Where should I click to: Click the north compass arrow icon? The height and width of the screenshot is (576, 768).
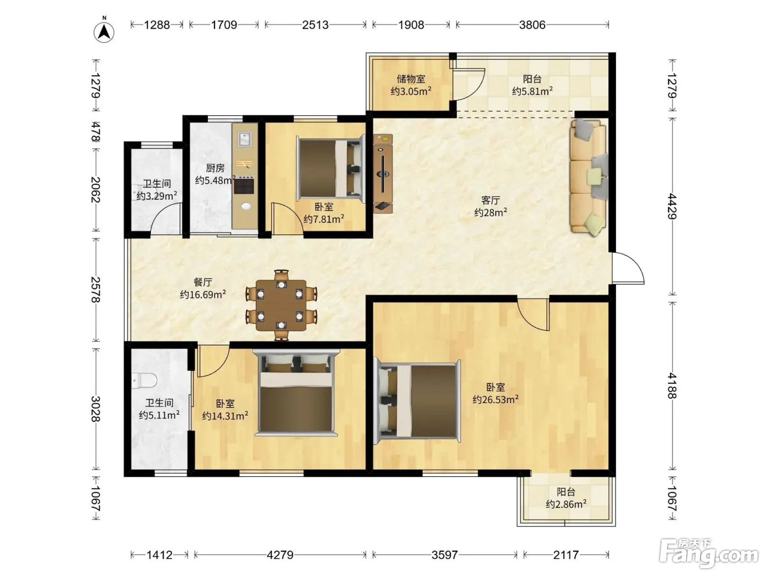(104, 32)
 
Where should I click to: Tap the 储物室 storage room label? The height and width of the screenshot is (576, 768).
(411, 78)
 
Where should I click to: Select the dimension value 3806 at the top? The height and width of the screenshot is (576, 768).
(532, 25)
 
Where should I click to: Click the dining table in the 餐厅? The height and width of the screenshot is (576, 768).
(281, 306)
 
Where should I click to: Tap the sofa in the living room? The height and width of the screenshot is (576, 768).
(589, 177)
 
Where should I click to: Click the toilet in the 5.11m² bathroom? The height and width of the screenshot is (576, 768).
(144, 381)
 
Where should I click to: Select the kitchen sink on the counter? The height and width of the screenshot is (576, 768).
(245, 139)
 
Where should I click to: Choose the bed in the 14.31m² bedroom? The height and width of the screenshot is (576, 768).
(296, 393)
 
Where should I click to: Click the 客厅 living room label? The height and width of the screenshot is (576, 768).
(490, 200)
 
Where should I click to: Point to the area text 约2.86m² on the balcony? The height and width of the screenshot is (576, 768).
(566, 504)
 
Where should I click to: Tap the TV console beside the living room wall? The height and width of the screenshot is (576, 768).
(383, 173)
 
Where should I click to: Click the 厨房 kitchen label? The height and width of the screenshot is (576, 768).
(215, 168)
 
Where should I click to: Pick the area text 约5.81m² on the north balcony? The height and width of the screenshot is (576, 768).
(532, 91)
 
